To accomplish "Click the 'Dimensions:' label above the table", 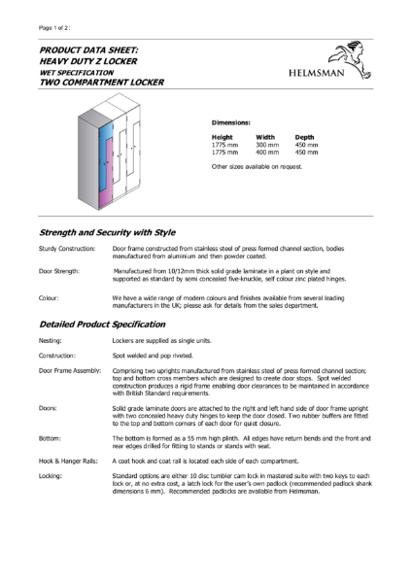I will tap(232, 122).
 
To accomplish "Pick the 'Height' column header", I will tap(223, 137).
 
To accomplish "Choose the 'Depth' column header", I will tap(305, 137).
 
